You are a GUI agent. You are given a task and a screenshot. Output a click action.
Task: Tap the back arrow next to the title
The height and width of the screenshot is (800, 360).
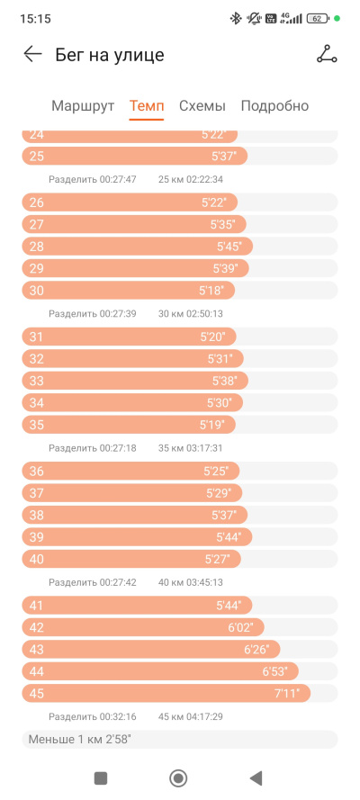point(32,54)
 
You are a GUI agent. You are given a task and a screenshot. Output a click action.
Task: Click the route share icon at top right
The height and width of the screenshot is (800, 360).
point(327,54)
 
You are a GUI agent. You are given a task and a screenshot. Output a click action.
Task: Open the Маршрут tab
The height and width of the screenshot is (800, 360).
point(83,106)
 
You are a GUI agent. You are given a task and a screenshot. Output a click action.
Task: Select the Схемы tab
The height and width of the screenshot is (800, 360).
point(202,106)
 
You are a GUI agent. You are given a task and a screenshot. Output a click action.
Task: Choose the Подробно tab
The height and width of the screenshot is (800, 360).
point(274,106)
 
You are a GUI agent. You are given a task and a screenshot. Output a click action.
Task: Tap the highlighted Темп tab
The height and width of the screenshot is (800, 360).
point(147,106)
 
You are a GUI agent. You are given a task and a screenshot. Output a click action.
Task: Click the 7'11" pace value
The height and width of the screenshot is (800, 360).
point(286,694)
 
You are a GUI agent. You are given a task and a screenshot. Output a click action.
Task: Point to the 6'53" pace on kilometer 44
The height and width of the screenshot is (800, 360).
point(274,671)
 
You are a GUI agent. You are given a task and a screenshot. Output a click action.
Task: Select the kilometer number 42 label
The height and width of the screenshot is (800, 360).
point(37,627)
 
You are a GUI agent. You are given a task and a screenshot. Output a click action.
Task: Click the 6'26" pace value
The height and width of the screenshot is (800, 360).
point(256,650)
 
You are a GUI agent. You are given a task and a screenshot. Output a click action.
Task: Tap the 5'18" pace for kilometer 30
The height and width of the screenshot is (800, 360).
point(211,291)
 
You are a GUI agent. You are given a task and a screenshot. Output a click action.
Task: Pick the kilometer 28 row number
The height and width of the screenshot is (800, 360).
point(37,247)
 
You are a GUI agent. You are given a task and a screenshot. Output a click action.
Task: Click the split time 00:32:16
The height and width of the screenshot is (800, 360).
point(118,717)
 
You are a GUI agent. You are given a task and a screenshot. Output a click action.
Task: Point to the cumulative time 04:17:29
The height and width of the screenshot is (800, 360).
point(204,717)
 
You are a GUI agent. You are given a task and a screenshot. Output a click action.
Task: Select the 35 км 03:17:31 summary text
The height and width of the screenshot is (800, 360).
point(191,448)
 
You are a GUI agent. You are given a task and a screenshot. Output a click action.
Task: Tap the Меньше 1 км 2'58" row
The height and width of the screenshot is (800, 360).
point(179,740)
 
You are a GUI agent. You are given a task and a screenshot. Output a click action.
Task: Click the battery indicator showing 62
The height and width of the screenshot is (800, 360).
point(317,19)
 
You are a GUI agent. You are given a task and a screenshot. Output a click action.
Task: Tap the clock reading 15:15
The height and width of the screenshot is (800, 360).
point(35,19)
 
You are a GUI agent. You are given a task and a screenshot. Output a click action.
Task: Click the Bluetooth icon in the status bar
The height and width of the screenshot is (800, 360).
point(236,19)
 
